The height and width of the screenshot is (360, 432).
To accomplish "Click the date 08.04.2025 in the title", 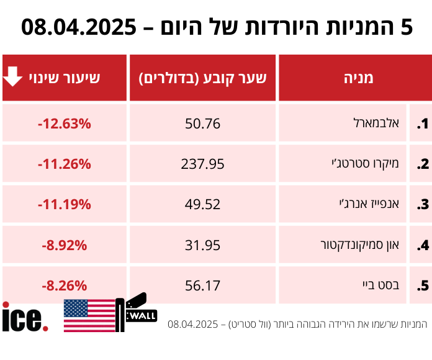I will point(78,27).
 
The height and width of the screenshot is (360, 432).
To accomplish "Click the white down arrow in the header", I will point(14,77).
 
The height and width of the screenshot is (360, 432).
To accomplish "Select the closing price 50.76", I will point(202,124).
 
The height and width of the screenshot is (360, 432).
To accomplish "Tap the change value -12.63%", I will point(64,124).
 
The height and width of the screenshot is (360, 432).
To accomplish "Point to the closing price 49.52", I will point(202,205).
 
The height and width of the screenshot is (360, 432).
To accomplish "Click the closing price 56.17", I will point(202,286).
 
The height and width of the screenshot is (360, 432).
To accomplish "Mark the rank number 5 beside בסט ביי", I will point(422,286).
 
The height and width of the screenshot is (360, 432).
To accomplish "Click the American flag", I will point(89,315).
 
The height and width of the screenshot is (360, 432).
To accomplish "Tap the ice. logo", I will point(25,317).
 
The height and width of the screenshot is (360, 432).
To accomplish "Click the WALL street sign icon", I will point(137,312).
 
